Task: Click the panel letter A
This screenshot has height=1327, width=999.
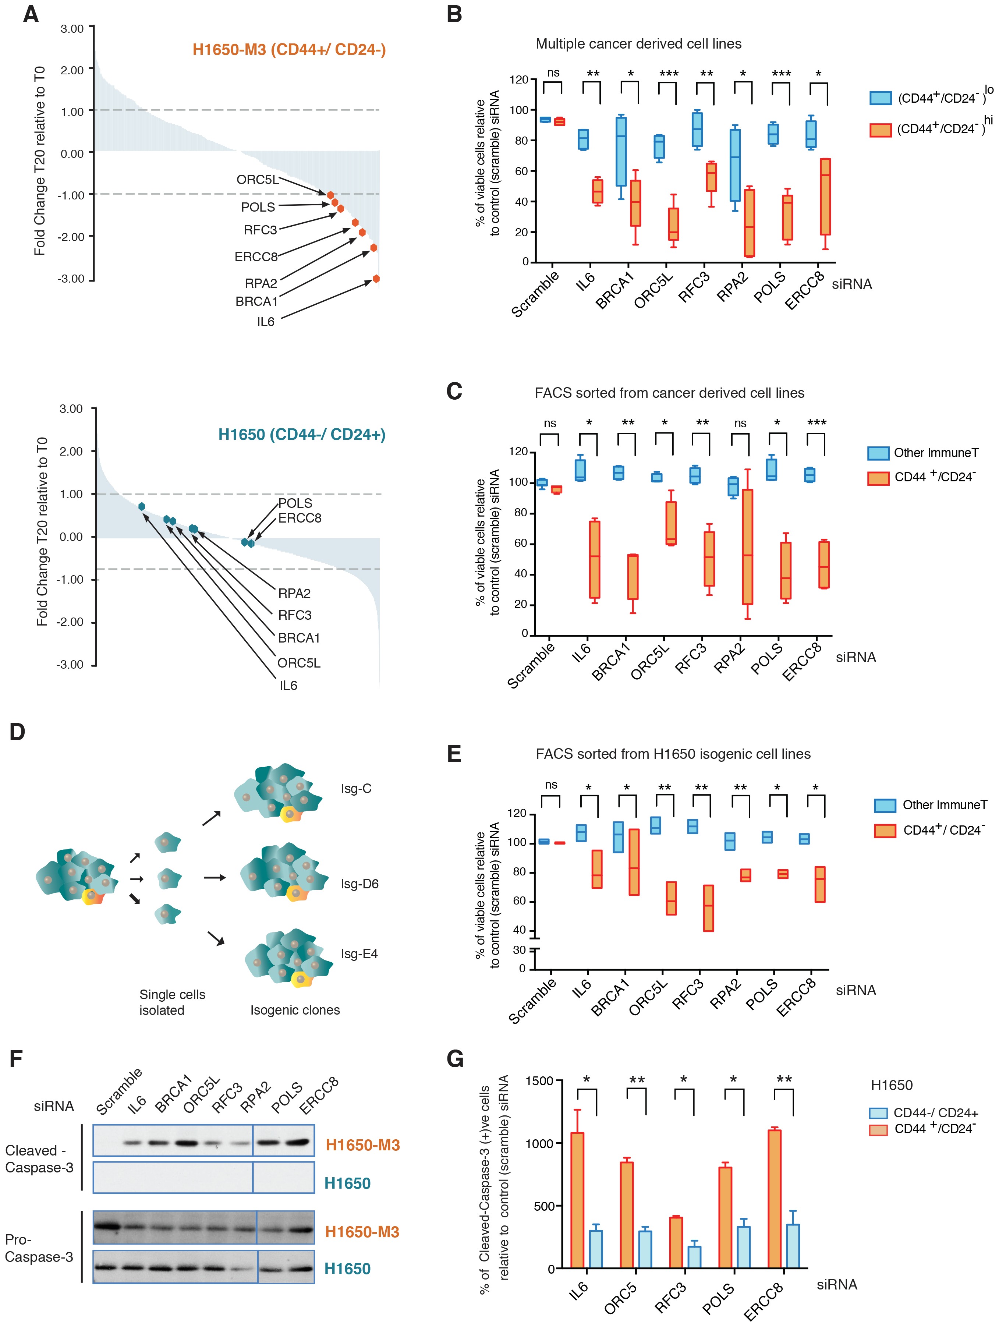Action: point(31,14)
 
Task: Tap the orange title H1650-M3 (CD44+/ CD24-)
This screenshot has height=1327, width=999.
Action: point(288,49)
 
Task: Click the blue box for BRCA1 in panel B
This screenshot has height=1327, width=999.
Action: point(621,151)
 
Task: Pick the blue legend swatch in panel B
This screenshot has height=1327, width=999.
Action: point(880,98)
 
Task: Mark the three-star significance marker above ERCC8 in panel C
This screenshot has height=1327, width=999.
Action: point(816,423)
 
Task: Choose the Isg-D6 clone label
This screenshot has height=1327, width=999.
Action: point(359,884)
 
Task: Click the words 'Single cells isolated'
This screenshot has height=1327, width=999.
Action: point(172,1002)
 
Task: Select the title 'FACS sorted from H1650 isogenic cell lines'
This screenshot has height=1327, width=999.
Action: point(673,754)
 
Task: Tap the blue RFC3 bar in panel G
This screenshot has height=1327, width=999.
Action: point(694,1257)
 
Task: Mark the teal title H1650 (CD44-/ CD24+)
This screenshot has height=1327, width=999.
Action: point(302,434)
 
